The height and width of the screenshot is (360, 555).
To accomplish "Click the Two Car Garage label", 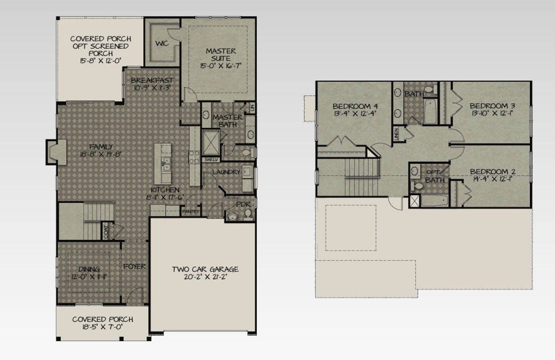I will click(x=205, y=269).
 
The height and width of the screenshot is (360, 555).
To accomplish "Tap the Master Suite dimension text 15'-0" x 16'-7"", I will click(x=221, y=66).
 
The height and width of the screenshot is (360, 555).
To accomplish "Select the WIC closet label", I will click(x=162, y=43).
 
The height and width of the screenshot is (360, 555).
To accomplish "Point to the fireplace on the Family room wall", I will click(x=57, y=152).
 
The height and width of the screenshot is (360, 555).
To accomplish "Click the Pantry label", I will click(x=191, y=212).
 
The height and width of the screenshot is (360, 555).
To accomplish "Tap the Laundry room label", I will click(x=226, y=172).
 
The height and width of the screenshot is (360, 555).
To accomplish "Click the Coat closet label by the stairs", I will click(x=105, y=231).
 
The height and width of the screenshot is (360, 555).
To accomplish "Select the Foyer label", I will click(x=134, y=266).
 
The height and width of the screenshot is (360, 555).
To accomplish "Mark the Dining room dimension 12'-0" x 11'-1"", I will click(x=89, y=277).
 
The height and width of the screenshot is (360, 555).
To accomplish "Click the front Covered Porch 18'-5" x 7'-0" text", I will click(x=102, y=327).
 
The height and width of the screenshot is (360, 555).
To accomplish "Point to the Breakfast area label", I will click(x=152, y=80).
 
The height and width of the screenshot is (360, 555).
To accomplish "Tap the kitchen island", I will click(x=163, y=164).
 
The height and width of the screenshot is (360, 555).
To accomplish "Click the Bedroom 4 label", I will click(x=352, y=106).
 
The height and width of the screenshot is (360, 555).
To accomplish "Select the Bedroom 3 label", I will click(x=492, y=106).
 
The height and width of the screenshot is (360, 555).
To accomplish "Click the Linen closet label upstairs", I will click(x=396, y=134).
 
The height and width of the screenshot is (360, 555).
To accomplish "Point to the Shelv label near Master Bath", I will click(x=210, y=159).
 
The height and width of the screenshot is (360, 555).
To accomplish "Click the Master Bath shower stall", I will click(x=210, y=141).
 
